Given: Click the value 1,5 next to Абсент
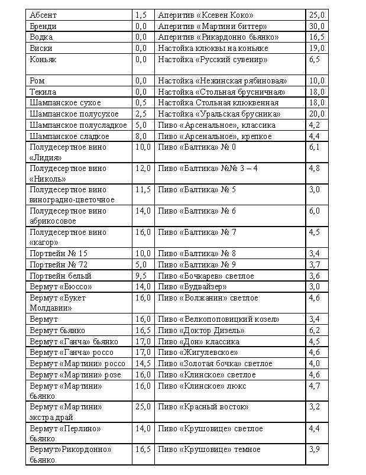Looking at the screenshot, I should pyautogui.click(x=141, y=15).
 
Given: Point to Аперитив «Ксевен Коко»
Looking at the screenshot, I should pyautogui.click(x=206, y=15).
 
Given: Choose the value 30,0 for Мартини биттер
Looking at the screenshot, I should pyautogui.click(x=317, y=26).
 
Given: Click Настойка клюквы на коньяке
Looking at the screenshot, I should pyautogui.click(x=213, y=48).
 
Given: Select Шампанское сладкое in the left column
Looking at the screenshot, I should pyautogui.click(x=69, y=136).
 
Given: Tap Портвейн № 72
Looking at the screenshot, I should pyautogui.click(x=59, y=264).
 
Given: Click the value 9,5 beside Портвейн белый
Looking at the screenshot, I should pyautogui.click(x=141, y=276).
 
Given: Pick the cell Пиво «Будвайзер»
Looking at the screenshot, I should pyautogui.click(x=193, y=287).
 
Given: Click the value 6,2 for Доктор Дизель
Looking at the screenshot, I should pyautogui.click(x=315, y=330).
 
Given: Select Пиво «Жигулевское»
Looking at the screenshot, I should pyautogui.click(x=198, y=352).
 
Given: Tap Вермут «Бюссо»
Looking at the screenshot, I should pyautogui.click(x=61, y=287).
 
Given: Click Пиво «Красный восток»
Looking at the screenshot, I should pyautogui.click(x=203, y=407).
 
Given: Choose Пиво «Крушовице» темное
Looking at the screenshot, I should pyautogui.click(x=209, y=450).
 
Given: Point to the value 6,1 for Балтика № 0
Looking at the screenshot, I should pyautogui.click(x=315, y=147).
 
